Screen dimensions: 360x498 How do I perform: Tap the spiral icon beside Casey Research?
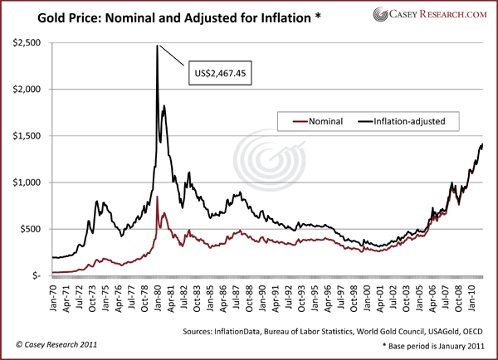tap(383, 14)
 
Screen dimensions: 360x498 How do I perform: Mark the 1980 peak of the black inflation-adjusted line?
tap(157, 46)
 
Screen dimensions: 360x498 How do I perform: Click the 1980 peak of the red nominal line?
tap(157, 197)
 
